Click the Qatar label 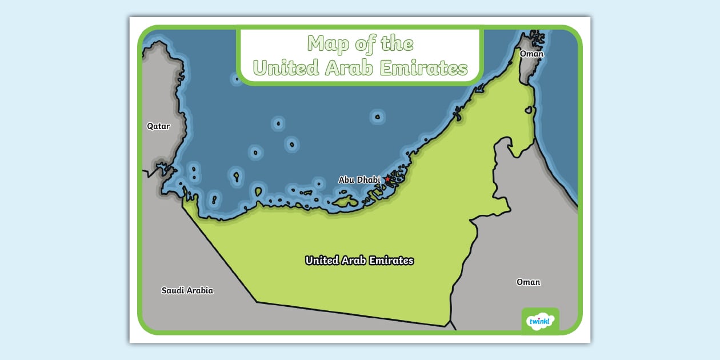pos(158,126)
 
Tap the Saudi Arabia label pos(187,290)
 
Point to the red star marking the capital pos(387,179)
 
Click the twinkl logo pos(540,321)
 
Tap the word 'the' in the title pos(398,44)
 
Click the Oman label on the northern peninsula pos(531,54)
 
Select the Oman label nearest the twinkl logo pos(528,282)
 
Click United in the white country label pos(322,261)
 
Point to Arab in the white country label pos(355,261)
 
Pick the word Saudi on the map pos(172,290)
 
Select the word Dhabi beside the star pos(369,179)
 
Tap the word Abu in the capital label pos(347,179)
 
